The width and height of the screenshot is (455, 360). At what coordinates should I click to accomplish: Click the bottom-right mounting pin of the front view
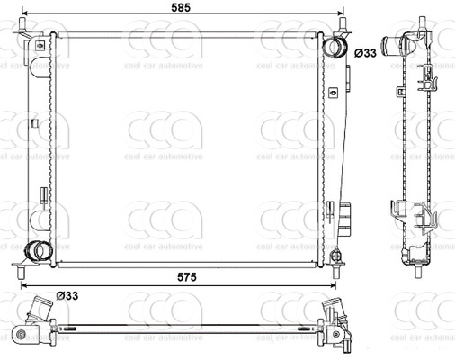[337, 263]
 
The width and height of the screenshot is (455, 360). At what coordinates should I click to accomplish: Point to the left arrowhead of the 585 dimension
[20, 16]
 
